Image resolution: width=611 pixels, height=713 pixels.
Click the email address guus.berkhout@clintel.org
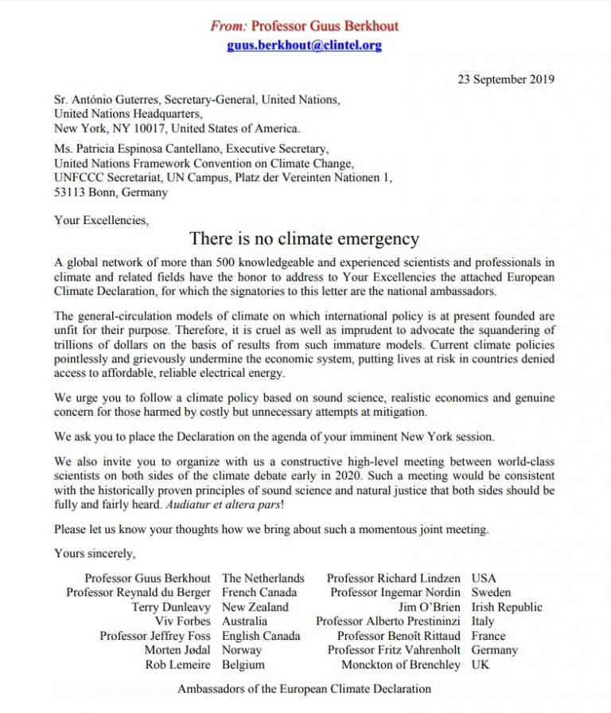click(x=304, y=45)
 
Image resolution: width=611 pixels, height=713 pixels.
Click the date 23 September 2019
click(x=506, y=79)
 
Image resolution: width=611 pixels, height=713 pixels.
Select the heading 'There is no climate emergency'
click(x=304, y=238)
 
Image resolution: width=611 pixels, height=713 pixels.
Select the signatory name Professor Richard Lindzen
click(x=394, y=578)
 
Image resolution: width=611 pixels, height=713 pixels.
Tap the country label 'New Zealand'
click(x=255, y=607)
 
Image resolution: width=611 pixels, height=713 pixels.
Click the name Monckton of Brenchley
click(x=401, y=665)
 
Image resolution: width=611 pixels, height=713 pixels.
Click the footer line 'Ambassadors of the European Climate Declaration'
click(x=304, y=688)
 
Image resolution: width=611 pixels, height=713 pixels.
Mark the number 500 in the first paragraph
click(x=216, y=262)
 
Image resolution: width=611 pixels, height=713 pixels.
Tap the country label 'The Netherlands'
click(x=263, y=578)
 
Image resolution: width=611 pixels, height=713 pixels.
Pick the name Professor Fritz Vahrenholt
click(x=395, y=650)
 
